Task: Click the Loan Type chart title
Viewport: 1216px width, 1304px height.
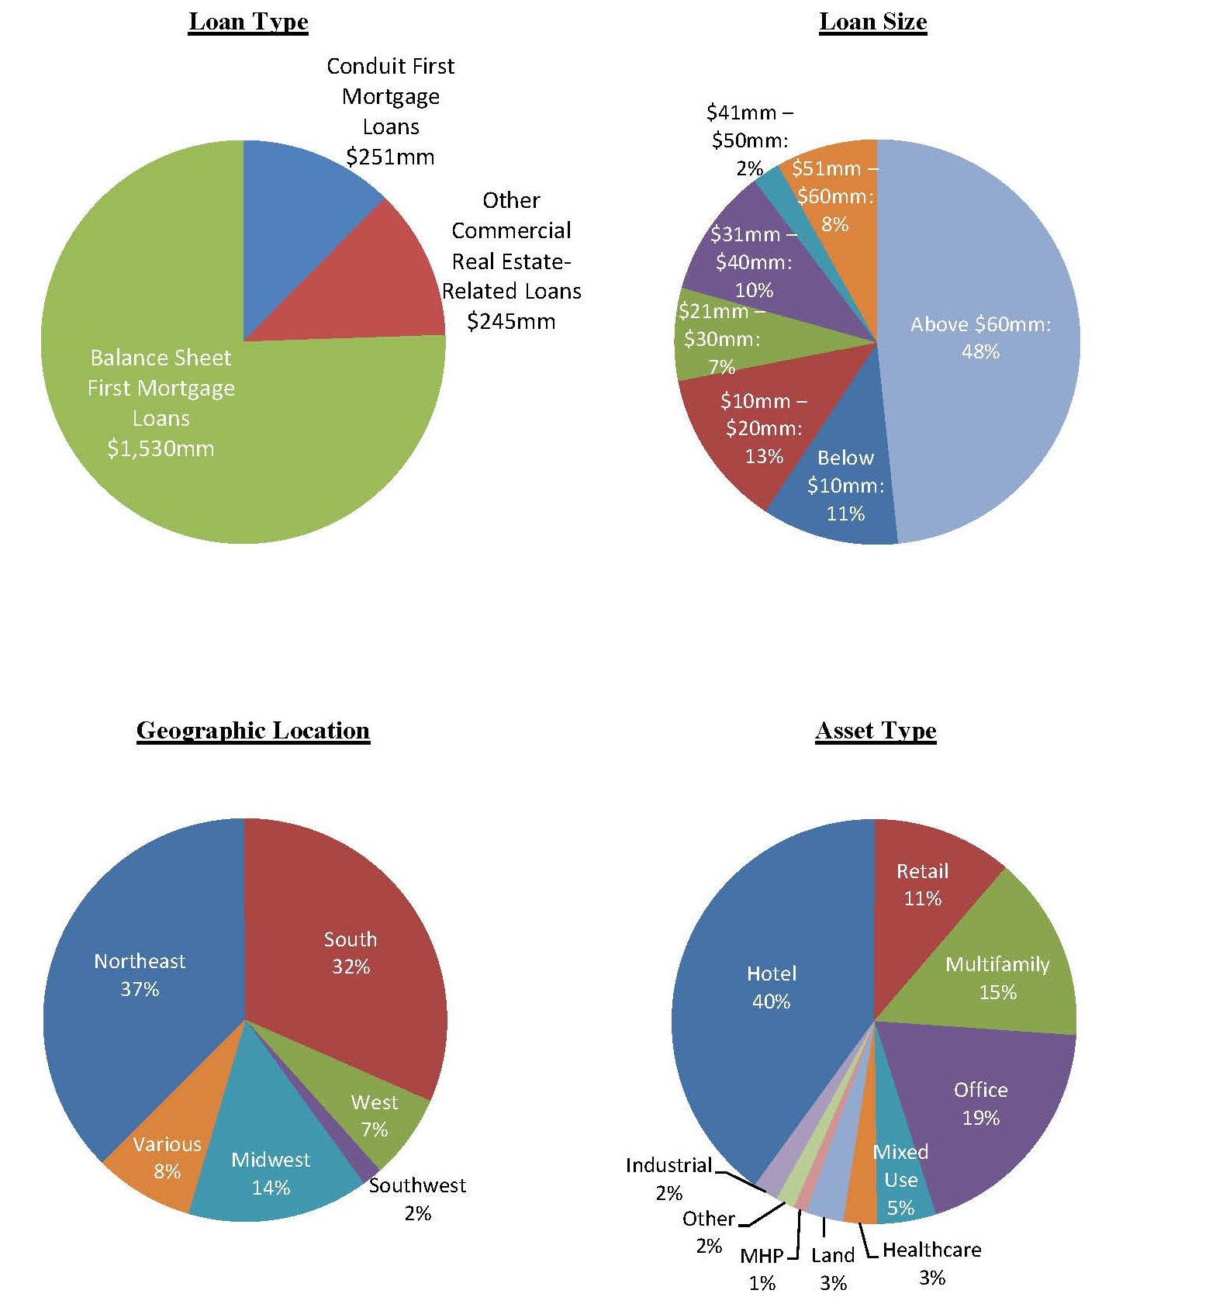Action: [248, 22]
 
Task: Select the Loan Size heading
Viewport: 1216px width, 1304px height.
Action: [872, 22]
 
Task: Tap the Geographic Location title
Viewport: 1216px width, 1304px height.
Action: [253, 731]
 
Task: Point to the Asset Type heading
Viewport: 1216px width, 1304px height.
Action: [876, 731]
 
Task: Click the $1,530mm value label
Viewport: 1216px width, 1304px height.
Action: [161, 448]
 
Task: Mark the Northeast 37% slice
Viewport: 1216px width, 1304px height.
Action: [140, 975]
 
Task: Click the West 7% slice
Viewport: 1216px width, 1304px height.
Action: [375, 1115]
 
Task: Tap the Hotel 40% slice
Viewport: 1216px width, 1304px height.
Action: [772, 987]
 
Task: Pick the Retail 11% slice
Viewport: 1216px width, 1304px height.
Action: [922, 884]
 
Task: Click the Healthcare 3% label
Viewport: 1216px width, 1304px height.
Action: [931, 1263]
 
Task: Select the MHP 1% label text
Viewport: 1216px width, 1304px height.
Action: [762, 1269]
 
